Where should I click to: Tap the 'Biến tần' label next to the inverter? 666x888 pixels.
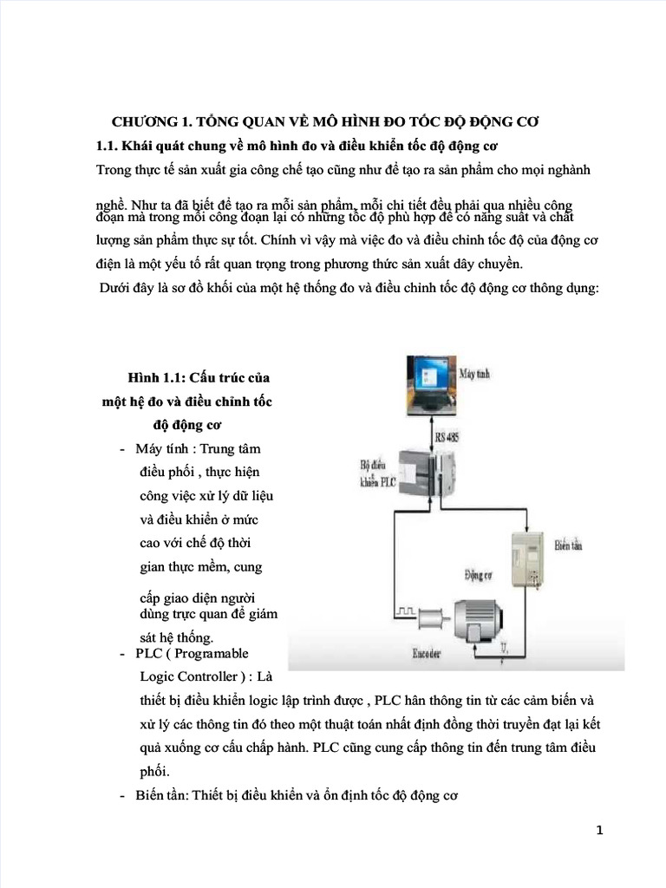click(568, 547)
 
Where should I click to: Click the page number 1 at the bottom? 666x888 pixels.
click(598, 831)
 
